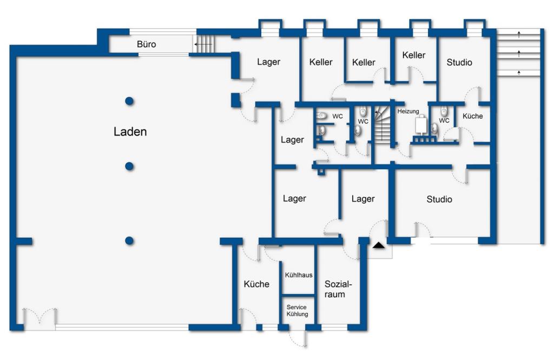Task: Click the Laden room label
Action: pyautogui.click(x=130, y=132)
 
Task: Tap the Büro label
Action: pyautogui.click(x=146, y=44)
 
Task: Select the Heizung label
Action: pyautogui.click(x=408, y=111)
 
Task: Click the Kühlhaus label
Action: pyautogui.click(x=299, y=275)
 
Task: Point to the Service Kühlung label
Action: pyautogui.click(x=297, y=311)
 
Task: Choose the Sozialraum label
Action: pyautogui.click(x=338, y=289)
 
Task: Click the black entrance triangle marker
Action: pyautogui.click(x=378, y=245)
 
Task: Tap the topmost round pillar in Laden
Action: pyautogui.click(x=129, y=101)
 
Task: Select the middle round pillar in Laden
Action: pyautogui.click(x=129, y=166)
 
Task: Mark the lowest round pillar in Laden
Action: pyautogui.click(x=129, y=241)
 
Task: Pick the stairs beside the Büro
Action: pyautogui.click(x=204, y=44)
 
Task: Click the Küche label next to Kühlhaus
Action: pyautogui.click(x=256, y=284)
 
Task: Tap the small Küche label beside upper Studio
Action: pyautogui.click(x=472, y=116)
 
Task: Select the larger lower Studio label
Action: pyautogui.click(x=439, y=199)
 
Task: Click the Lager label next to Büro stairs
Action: pyautogui.click(x=268, y=62)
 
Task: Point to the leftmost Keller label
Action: pyautogui.click(x=321, y=62)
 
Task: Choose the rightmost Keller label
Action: pyautogui.click(x=414, y=55)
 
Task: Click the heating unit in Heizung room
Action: pyautogui.click(x=421, y=124)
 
